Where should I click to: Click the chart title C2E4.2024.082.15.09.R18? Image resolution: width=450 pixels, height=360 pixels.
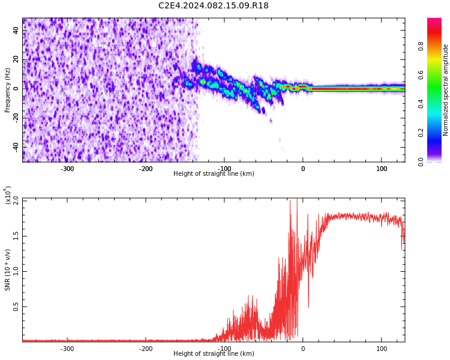click(x=214, y=5)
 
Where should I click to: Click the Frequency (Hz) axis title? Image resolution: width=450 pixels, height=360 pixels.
click(x=7, y=90)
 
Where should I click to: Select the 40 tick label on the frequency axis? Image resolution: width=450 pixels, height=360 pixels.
click(x=16, y=30)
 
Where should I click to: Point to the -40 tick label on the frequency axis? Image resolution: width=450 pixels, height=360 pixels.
click(x=16, y=148)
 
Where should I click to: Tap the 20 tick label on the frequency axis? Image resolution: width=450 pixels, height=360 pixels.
click(x=16, y=59)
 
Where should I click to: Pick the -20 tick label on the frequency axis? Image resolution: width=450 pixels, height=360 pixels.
click(x=16, y=118)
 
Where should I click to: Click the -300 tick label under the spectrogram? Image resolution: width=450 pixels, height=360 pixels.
click(x=67, y=169)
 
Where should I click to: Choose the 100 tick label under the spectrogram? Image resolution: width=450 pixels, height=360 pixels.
click(x=382, y=169)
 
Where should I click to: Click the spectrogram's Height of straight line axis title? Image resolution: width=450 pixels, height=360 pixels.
click(x=214, y=173)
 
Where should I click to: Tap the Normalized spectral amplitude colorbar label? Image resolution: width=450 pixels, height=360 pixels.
click(x=445, y=90)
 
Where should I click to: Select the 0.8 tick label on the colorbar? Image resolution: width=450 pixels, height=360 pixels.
click(x=421, y=46)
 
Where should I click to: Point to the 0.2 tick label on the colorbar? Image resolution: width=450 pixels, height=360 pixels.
click(x=421, y=133)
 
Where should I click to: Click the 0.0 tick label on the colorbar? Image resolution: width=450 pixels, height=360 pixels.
click(x=421, y=162)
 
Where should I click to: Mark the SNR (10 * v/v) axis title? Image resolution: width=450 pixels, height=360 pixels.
click(x=7, y=270)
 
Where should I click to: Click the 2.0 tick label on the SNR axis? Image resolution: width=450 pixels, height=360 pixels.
click(x=16, y=200)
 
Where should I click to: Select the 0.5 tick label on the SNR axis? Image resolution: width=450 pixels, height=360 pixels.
click(x=16, y=307)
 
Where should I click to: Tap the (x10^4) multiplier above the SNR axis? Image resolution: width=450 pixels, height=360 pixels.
click(x=8, y=195)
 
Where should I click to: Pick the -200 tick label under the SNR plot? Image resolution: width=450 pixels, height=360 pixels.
click(x=146, y=349)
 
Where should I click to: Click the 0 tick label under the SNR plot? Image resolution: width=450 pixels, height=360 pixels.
click(x=303, y=349)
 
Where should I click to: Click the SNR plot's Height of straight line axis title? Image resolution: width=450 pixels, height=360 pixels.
click(x=214, y=353)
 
